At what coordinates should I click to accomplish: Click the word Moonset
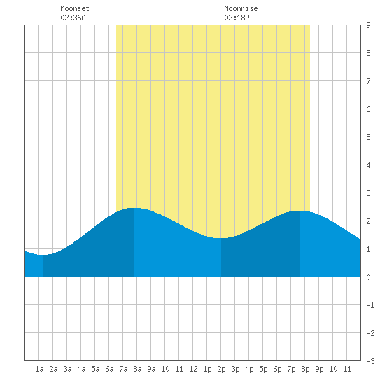coord(75,8)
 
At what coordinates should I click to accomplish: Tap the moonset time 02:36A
coord(73,17)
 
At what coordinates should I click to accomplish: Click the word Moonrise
coord(241,8)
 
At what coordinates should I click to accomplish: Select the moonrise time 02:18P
coord(237,17)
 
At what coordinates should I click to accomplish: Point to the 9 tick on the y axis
coord(368,25)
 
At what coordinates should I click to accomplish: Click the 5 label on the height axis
coord(368,137)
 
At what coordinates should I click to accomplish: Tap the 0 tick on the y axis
coord(368,277)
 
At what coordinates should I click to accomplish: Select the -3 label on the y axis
coord(370,361)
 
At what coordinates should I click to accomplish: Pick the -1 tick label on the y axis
coord(370,305)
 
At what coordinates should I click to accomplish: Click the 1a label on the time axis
coord(39,369)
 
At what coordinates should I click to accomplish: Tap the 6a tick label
coord(109,369)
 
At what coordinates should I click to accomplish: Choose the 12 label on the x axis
coord(193,369)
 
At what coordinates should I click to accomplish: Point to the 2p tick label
coord(221,369)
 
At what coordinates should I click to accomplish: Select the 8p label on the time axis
coord(305,369)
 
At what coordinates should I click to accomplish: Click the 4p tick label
coord(249,369)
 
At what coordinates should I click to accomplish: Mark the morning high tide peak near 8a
coord(134,208)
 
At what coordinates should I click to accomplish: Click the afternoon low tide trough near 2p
coord(221,238)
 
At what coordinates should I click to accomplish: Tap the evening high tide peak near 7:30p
coord(300,211)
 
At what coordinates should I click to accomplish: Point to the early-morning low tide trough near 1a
coord(43,255)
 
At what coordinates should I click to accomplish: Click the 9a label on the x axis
coord(151,369)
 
